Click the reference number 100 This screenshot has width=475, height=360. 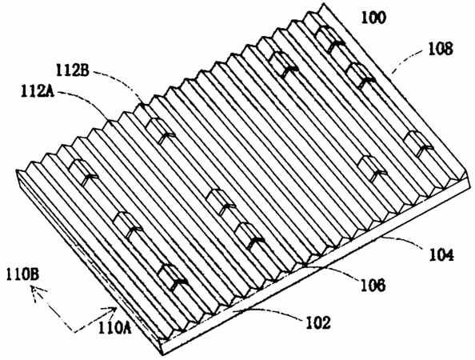coord(373,18)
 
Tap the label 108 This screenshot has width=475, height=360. coord(441,49)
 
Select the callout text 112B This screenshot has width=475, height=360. coord(73,70)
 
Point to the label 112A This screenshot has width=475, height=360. coord(38,91)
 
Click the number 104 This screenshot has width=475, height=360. coord(441,254)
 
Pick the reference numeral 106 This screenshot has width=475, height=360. coord(373,285)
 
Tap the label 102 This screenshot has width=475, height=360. coord(317,323)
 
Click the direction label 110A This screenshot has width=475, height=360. coord(115,328)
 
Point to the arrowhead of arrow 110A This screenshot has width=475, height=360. coord(114,310)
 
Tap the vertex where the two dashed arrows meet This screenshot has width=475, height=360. coord(74,333)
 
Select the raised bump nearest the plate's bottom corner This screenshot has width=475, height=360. coord(173,278)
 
